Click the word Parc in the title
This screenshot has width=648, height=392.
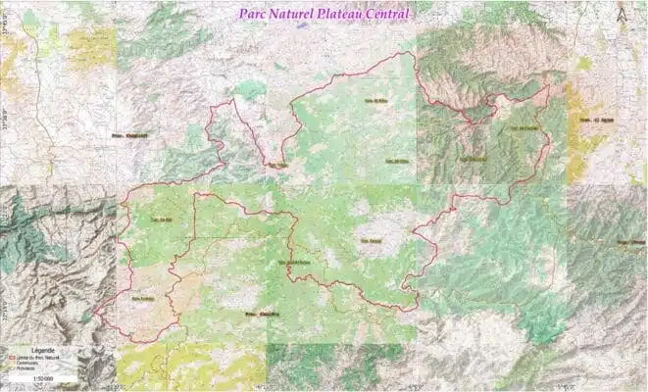[254, 14]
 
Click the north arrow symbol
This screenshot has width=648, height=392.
[621, 15]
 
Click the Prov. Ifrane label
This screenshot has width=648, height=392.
[631, 240]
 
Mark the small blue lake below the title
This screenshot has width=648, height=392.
[302, 26]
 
